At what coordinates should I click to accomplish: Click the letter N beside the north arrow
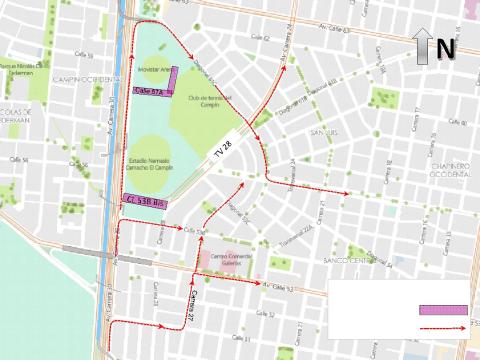point(446,47)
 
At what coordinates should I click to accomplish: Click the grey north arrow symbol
point(423,46)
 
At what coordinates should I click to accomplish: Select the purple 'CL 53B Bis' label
point(145,201)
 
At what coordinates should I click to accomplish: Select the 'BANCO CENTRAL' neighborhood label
point(354,263)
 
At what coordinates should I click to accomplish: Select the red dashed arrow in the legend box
point(442,326)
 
